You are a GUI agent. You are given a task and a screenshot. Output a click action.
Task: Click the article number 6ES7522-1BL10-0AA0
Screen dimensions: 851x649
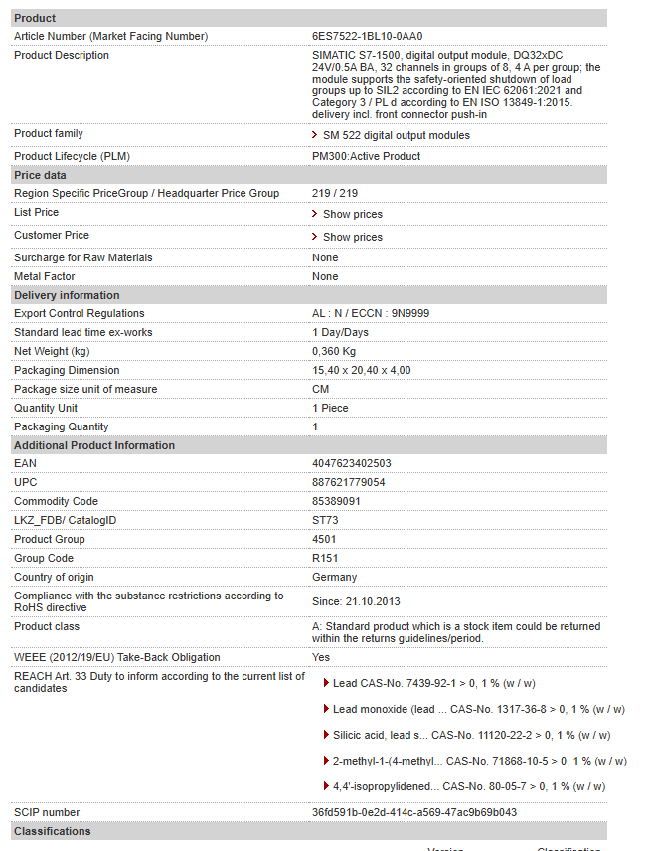(360, 36)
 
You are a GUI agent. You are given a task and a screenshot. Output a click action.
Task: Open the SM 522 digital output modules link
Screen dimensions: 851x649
(396, 135)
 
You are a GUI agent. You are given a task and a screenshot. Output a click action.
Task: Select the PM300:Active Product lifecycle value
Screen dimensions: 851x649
(366, 156)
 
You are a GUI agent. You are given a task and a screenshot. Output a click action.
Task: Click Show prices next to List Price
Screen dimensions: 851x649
(352, 214)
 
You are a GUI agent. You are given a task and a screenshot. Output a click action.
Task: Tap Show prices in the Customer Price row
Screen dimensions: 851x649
(352, 237)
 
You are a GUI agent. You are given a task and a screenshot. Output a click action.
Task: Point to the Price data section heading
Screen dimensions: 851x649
(40, 175)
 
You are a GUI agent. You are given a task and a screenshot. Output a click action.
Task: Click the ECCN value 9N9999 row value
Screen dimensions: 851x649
(371, 313)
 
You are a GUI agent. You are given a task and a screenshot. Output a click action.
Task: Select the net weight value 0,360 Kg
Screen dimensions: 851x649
(334, 351)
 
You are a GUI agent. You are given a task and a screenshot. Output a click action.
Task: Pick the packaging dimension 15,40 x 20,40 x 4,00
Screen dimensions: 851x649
(361, 370)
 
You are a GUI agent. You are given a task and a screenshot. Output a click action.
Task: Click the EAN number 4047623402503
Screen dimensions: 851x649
(352, 463)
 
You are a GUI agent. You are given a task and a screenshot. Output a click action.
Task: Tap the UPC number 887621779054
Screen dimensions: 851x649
(349, 482)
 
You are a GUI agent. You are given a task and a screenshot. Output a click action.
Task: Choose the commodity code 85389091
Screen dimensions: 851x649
(336, 501)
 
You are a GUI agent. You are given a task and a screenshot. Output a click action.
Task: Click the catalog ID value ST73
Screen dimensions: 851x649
(325, 520)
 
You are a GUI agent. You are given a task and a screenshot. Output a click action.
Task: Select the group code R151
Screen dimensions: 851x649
(325, 558)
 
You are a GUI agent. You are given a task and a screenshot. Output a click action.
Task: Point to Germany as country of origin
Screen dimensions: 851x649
(334, 577)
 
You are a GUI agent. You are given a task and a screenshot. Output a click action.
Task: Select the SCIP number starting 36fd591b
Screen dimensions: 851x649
(414, 812)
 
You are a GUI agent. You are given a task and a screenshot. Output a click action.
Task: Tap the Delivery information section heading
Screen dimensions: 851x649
(67, 295)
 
